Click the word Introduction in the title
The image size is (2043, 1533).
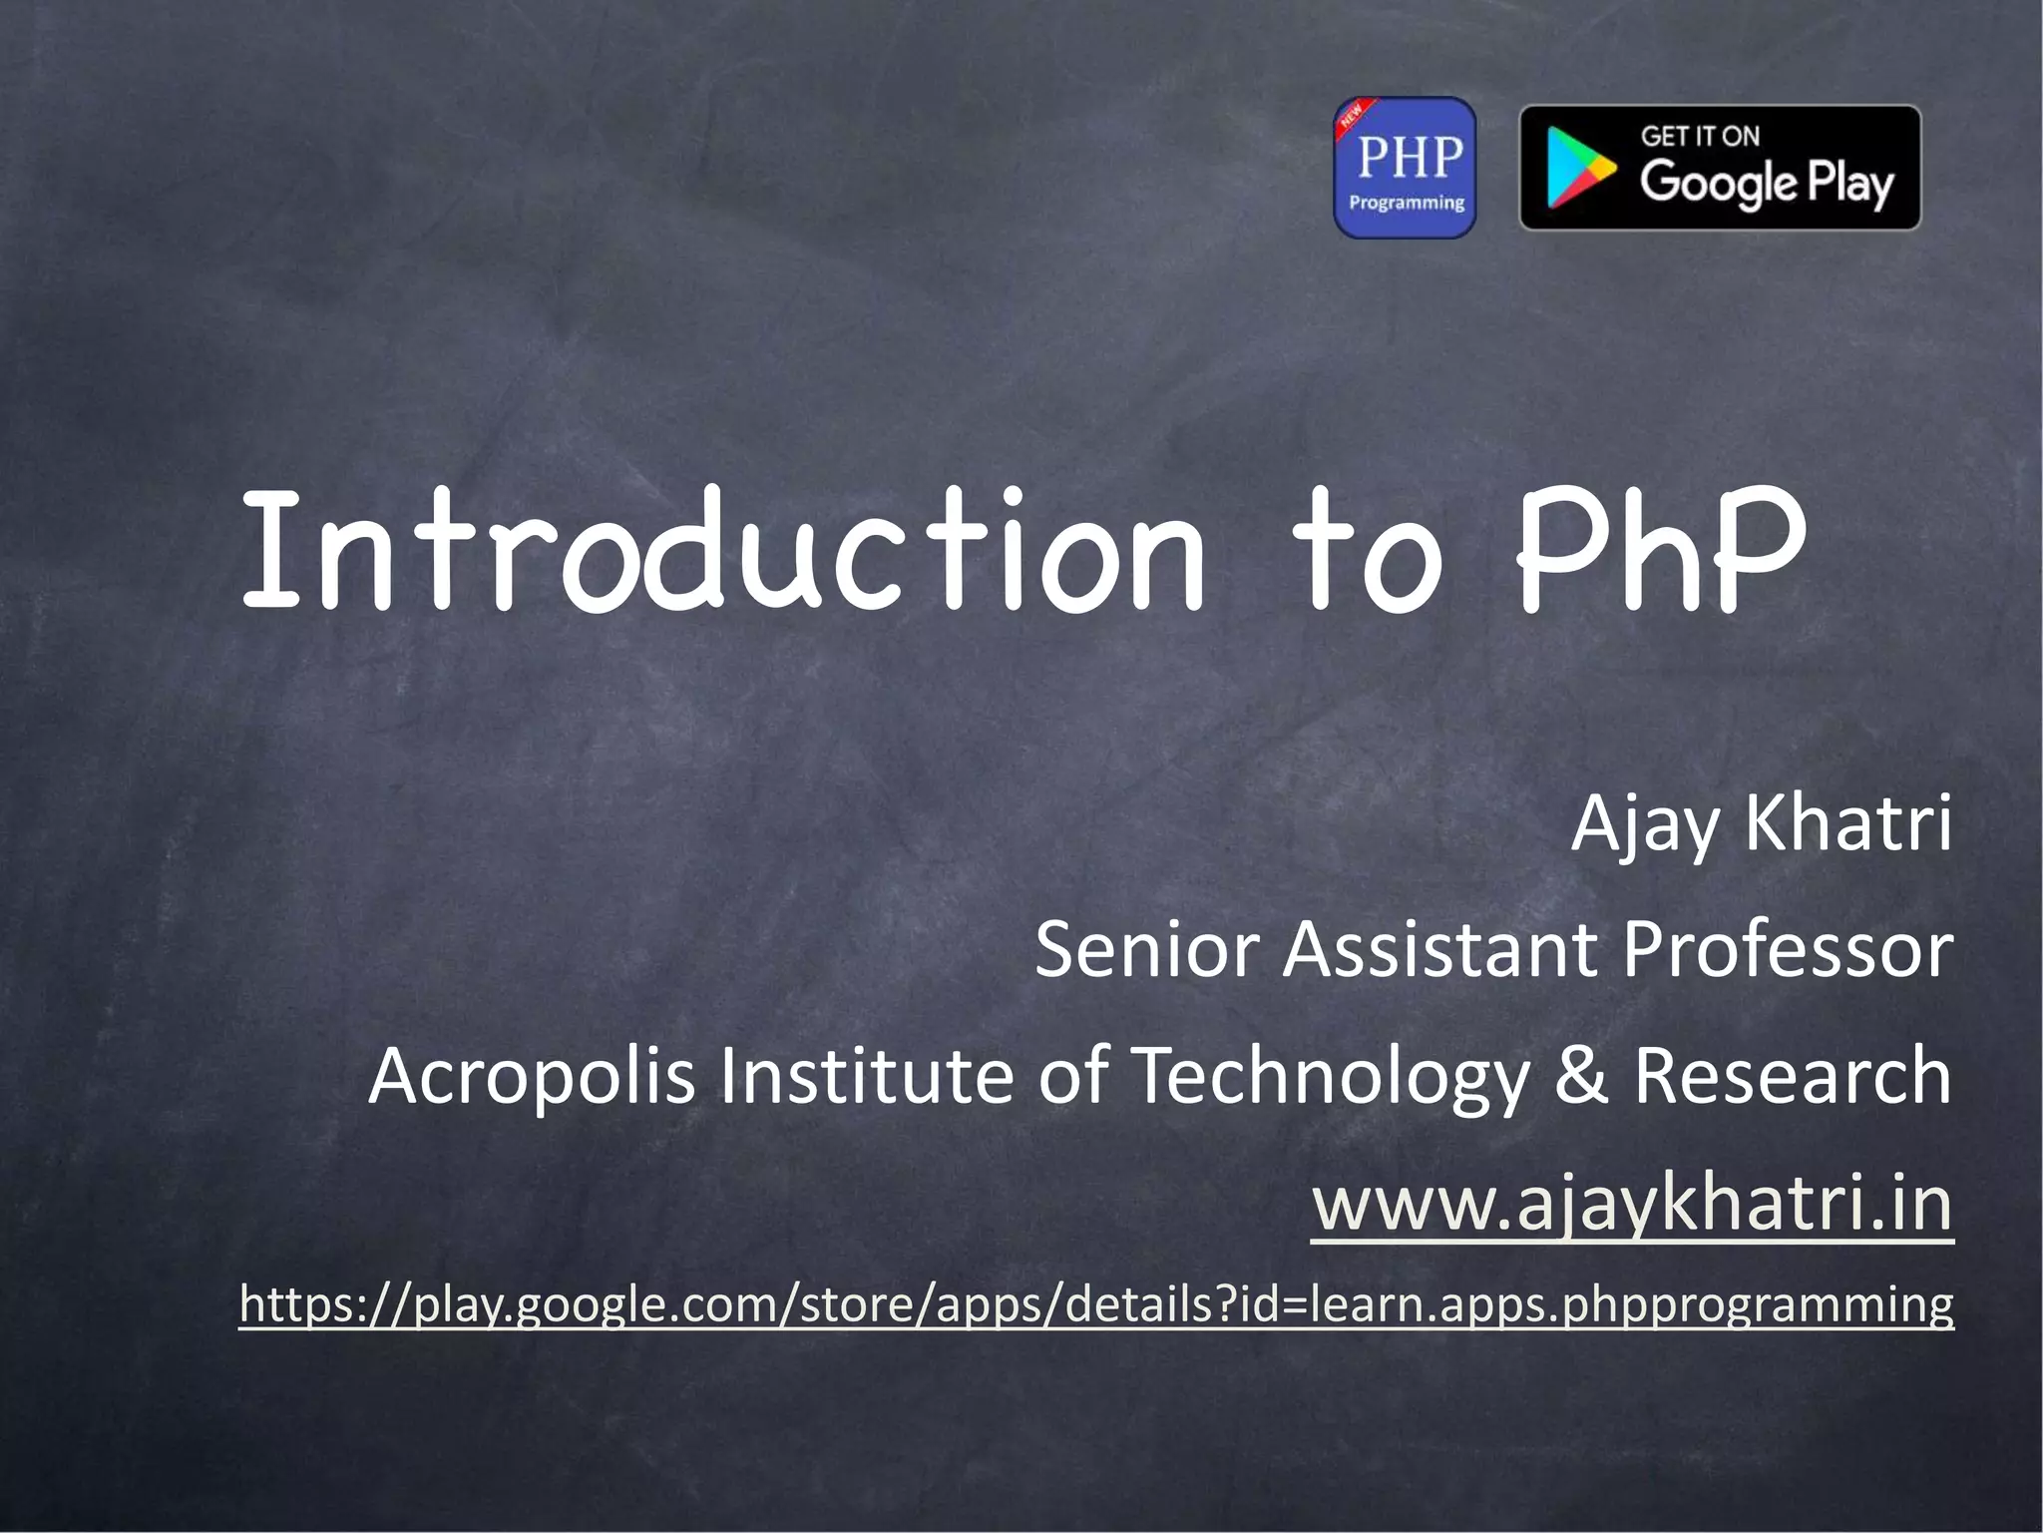[x=723, y=551]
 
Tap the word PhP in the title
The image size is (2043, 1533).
[x=1661, y=551]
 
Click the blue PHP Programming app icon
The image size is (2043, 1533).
[x=1405, y=168]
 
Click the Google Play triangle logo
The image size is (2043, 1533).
[x=1579, y=169]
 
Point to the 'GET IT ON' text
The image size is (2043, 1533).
[x=1700, y=136]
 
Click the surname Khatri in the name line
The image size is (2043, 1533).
[x=1847, y=822]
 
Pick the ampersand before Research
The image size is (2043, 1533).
[x=1581, y=1076]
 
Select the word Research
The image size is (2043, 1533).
[x=1792, y=1076]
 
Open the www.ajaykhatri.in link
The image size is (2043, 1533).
[x=1632, y=1204]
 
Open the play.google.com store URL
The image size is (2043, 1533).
[x=1095, y=1303]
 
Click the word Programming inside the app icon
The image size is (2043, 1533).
[x=1406, y=203]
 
